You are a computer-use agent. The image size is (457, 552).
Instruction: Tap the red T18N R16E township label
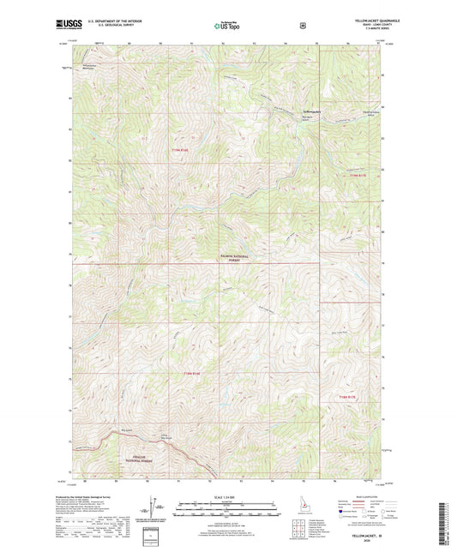pos(191,373)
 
